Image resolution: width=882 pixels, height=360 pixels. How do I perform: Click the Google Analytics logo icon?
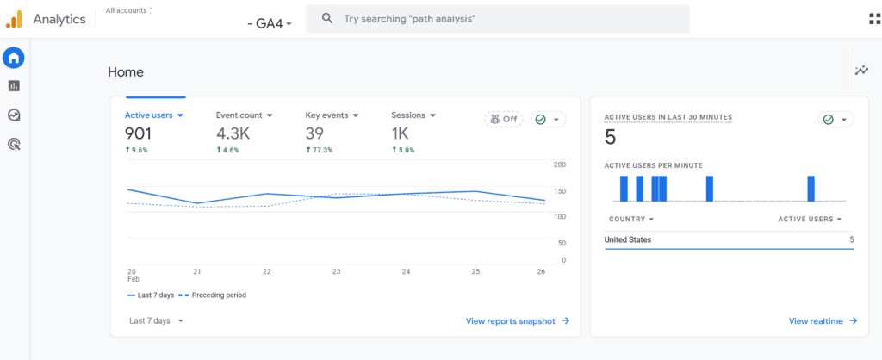tap(14, 18)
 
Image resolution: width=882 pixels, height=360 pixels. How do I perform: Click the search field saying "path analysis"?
tap(500, 18)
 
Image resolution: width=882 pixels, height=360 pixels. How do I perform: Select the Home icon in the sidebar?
tap(14, 58)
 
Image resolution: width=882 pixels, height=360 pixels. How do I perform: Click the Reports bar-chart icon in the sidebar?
tap(14, 86)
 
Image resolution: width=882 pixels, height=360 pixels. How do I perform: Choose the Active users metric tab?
tap(154, 115)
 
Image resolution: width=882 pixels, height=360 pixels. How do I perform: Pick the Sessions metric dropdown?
tap(413, 115)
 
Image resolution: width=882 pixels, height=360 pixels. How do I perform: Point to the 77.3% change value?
tap(320, 150)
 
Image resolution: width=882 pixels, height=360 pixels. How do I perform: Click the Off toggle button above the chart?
tap(504, 120)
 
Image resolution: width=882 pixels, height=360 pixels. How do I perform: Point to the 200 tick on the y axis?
tap(560, 164)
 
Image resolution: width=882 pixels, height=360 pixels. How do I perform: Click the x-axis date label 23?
tap(337, 271)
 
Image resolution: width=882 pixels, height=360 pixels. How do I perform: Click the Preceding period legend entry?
tap(218, 295)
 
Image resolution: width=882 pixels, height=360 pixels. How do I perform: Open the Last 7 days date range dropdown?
tap(156, 320)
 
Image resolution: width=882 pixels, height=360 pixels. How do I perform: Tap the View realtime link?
tap(823, 320)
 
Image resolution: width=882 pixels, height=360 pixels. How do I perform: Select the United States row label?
tap(628, 239)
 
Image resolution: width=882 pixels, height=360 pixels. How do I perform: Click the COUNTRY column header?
tap(630, 219)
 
